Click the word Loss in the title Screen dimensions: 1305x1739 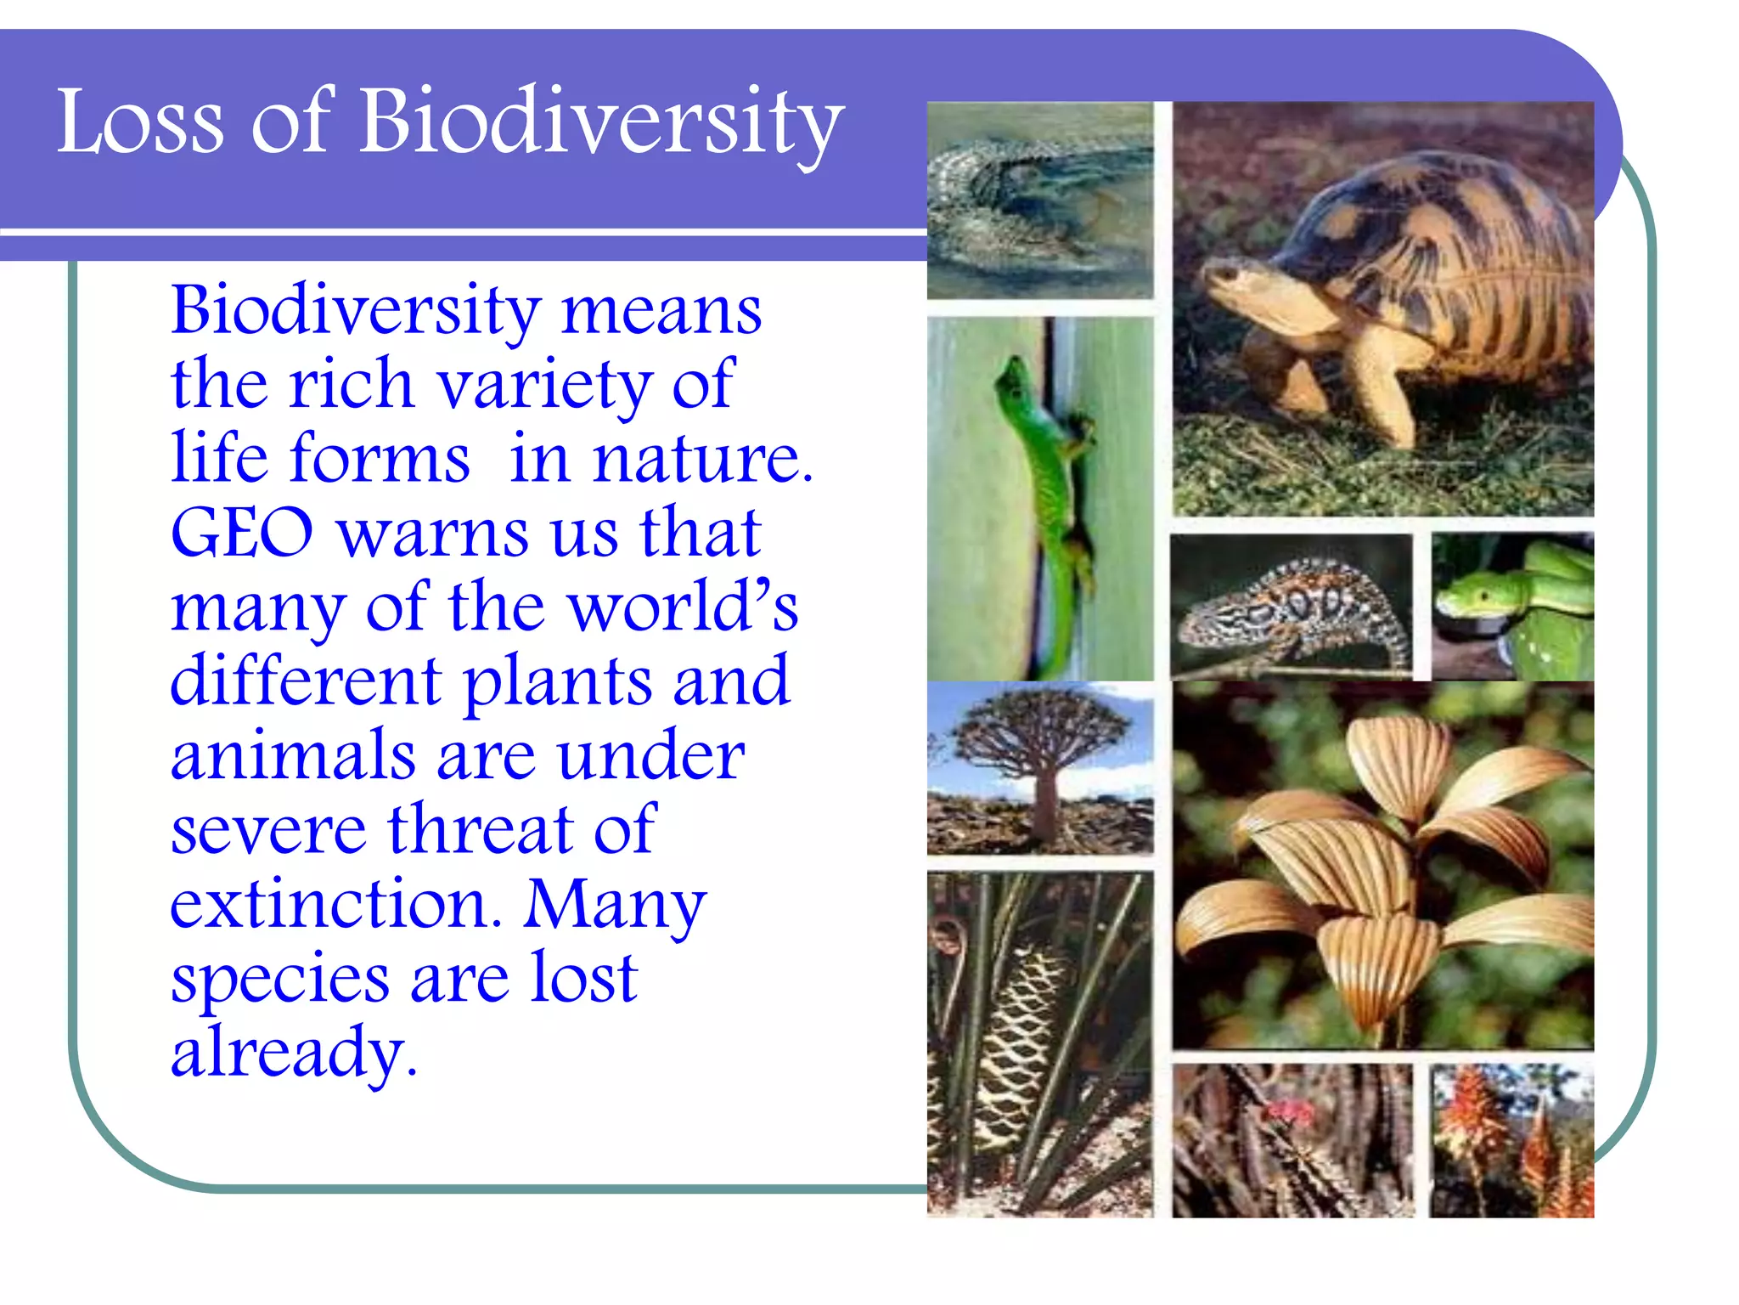[x=140, y=123]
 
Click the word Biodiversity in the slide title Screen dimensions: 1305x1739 [x=600, y=123]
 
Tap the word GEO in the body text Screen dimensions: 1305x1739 [x=242, y=534]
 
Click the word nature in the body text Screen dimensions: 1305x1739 [x=701, y=459]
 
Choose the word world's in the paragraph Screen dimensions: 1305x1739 [x=684, y=607]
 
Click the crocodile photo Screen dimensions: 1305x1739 [x=1039, y=201]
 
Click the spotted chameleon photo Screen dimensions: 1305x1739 [x=1291, y=607]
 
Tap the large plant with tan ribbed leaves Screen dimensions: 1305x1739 [x=1384, y=867]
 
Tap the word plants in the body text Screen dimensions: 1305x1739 [x=557, y=682]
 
